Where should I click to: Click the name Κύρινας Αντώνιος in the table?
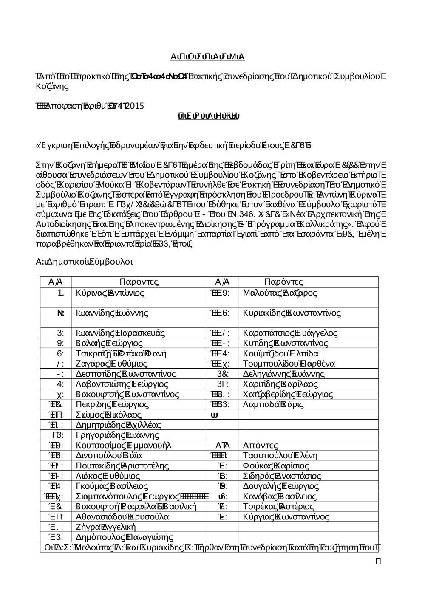(110, 293)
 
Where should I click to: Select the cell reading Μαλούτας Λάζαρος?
(280, 293)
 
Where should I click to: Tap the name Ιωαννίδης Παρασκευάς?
(120, 333)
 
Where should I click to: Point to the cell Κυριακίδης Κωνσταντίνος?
(292, 313)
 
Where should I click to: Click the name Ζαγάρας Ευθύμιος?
(111, 364)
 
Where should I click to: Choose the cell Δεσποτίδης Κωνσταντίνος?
(126, 374)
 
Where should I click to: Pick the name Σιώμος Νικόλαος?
(108, 415)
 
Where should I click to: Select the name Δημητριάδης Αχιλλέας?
(118, 425)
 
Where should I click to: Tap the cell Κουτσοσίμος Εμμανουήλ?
(123, 445)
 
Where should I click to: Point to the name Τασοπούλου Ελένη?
(280, 455)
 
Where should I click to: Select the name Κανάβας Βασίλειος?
(279, 496)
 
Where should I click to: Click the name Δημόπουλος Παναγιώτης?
(124, 537)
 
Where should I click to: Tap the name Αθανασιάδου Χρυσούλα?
(122, 516)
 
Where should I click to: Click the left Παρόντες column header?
(139, 282)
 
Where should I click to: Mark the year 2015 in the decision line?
(135, 106)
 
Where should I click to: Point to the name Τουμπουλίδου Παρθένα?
(289, 364)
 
